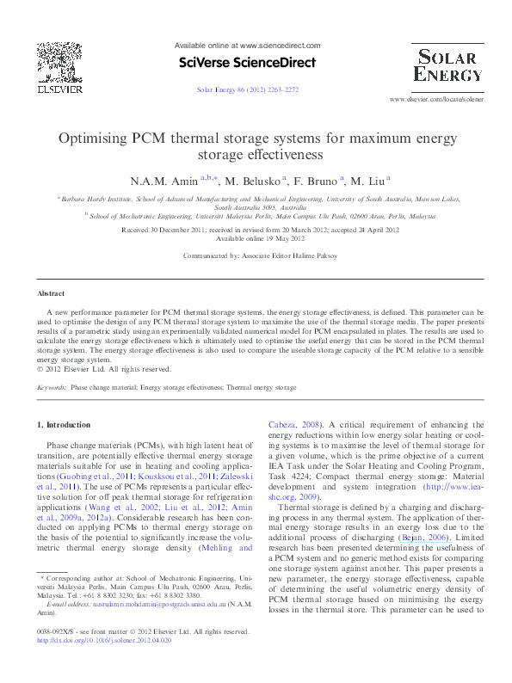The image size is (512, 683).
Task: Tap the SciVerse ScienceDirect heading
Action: coord(247,63)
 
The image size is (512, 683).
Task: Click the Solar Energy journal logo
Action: coord(447,65)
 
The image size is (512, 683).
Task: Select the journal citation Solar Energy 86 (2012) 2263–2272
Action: coord(247,89)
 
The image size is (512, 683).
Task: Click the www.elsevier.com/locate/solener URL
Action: coord(435,100)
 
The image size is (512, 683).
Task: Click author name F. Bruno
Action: coord(318,181)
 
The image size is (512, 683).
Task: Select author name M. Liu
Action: coord(368,181)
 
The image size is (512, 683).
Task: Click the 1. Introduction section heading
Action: coord(65,425)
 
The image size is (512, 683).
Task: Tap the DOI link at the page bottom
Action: coord(104,666)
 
